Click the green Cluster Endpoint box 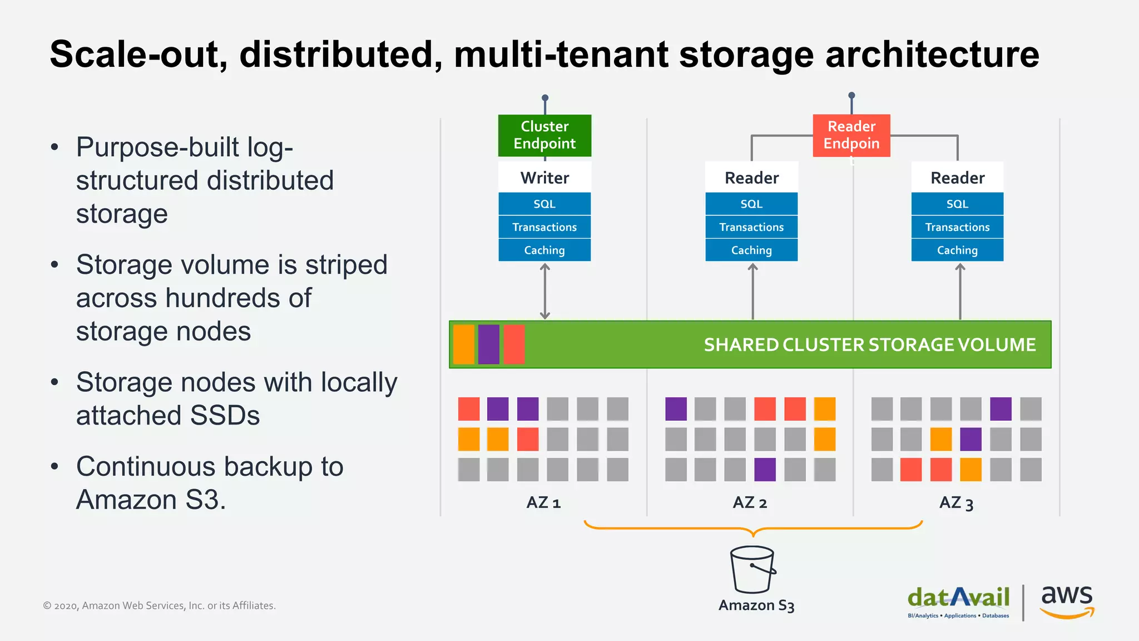click(544, 135)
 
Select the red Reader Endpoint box click(851, 135)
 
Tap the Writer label click(544, 178)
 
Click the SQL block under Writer click(544, 204)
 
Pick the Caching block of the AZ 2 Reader click(751, 250)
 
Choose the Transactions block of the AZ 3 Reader click(957, 227)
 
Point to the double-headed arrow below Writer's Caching click(545, 291)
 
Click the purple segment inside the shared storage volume click(488, 344)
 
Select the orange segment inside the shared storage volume click(463, 344)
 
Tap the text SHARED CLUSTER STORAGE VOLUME click(869, 345)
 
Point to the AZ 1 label click(543, 503)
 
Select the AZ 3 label click(956, 503)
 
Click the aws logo click(1067, 601)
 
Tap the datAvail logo click(958, 601)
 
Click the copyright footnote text click(160, 605)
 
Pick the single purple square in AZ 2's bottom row click(765, 470)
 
